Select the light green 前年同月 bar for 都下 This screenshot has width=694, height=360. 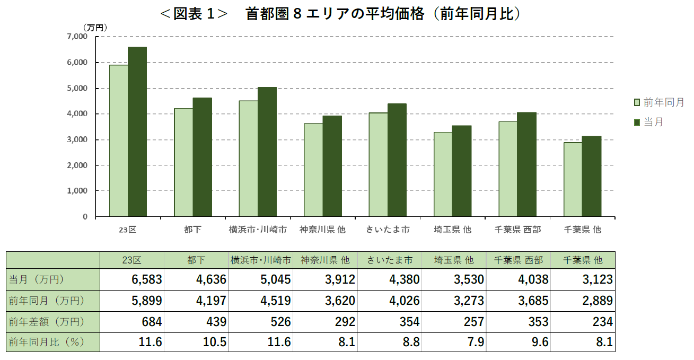point(183,162)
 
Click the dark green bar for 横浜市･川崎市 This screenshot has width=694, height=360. point(267,152)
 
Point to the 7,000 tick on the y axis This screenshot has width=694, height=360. point(77,37)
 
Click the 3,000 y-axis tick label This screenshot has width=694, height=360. point(77,140)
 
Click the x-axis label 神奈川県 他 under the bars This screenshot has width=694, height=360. point(322,230)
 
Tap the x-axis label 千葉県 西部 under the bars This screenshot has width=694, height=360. point(517,230)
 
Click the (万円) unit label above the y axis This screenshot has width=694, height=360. point(95,27)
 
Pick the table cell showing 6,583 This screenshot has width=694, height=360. point(132,279)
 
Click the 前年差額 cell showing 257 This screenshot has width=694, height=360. point(454,322)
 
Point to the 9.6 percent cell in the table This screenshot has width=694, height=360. point(519,343)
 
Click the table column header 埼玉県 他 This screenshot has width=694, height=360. point(454,260)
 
